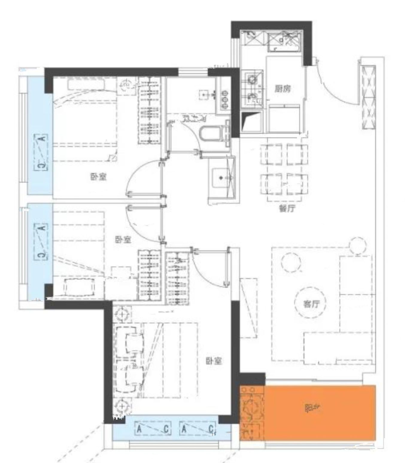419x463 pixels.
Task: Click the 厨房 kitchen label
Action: point(283,89)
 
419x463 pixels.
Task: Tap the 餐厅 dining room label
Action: point(287,208)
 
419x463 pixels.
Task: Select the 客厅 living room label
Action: point(311,304)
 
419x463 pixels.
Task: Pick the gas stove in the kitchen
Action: point(252,88)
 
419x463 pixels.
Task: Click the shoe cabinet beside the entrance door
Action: point(368,97)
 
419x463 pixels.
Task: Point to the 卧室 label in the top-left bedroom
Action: point(98,177)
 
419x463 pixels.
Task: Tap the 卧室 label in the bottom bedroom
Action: point(214,361)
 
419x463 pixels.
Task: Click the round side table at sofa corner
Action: point(357,246)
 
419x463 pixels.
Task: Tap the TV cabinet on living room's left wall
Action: point(248,308)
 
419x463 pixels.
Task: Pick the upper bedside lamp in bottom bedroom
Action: point(122,314)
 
